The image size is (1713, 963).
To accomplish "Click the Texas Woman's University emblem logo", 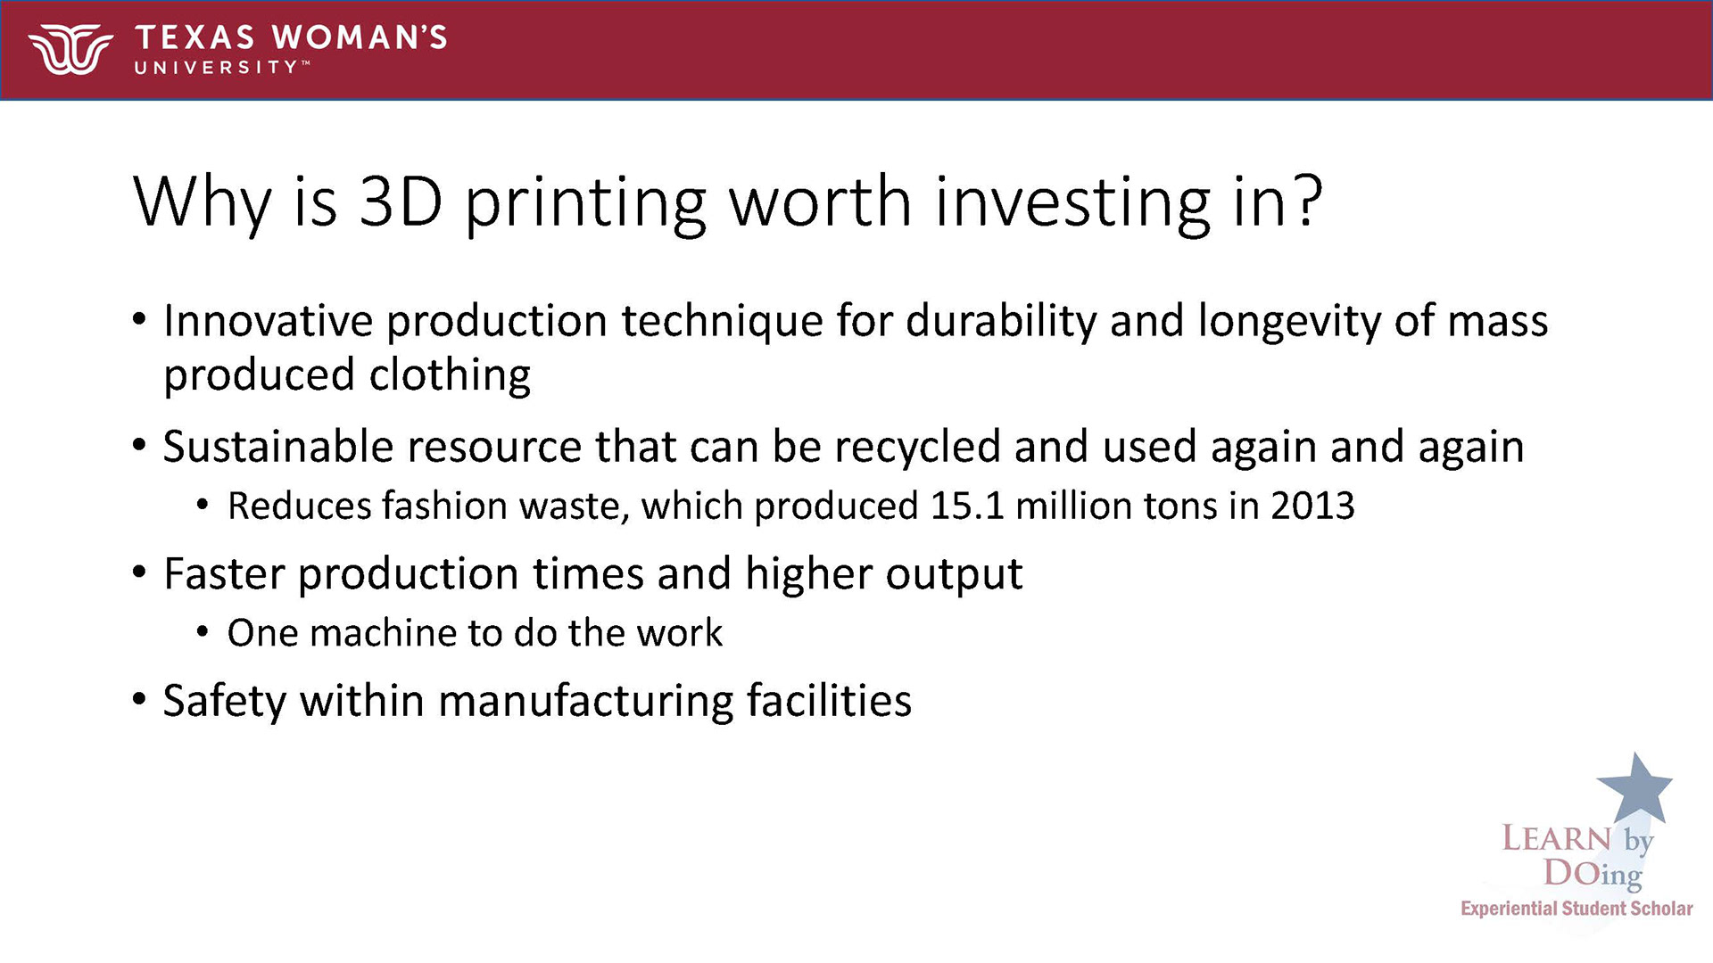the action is [x=70, y=49].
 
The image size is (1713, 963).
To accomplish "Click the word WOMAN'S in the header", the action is [x=360, y=37].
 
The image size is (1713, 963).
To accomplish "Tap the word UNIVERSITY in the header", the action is [x=217, y=67].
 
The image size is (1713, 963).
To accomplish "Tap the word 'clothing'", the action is [x=451, y=375].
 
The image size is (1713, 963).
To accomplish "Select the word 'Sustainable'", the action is [x=278, y=446].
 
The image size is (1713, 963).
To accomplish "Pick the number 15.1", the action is [x=966, y=506].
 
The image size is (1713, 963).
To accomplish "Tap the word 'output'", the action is [x=955, y=575].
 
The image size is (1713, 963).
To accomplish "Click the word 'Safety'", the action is [x=225, y=701].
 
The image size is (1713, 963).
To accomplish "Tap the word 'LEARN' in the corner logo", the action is [x=1557, y=839].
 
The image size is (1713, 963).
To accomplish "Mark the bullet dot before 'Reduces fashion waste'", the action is [x=203, y=506].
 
